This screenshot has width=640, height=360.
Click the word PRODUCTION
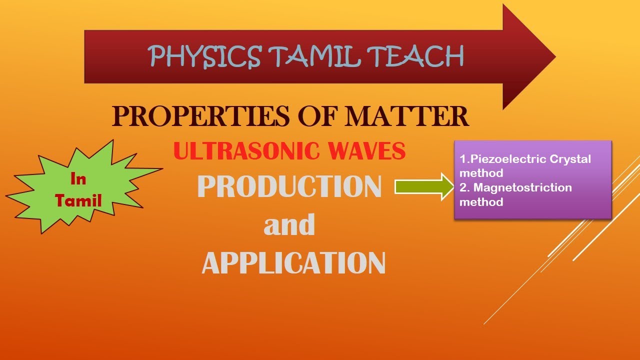tap(289, 187)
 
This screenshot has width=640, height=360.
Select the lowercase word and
tap(289, 225)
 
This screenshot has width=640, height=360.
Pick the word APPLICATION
tap(293, 262)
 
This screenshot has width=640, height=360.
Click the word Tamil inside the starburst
tap(78, 200)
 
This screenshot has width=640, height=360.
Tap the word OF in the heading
tap(313, 116)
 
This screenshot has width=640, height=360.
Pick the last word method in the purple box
tap(481, 202)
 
